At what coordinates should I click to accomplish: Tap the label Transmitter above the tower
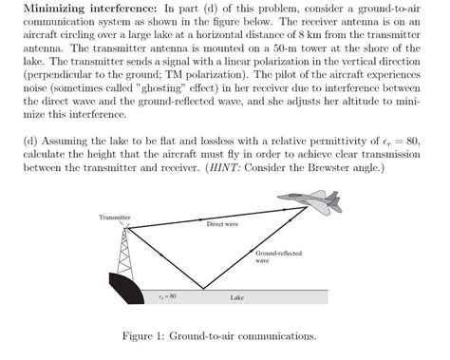pos(114,218)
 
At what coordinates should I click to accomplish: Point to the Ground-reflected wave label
pos(275,256)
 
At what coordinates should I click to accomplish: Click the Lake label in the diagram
pos(237,297)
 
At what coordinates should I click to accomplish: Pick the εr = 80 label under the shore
pos(167,296)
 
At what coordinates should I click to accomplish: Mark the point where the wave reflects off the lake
pos(203,289)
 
